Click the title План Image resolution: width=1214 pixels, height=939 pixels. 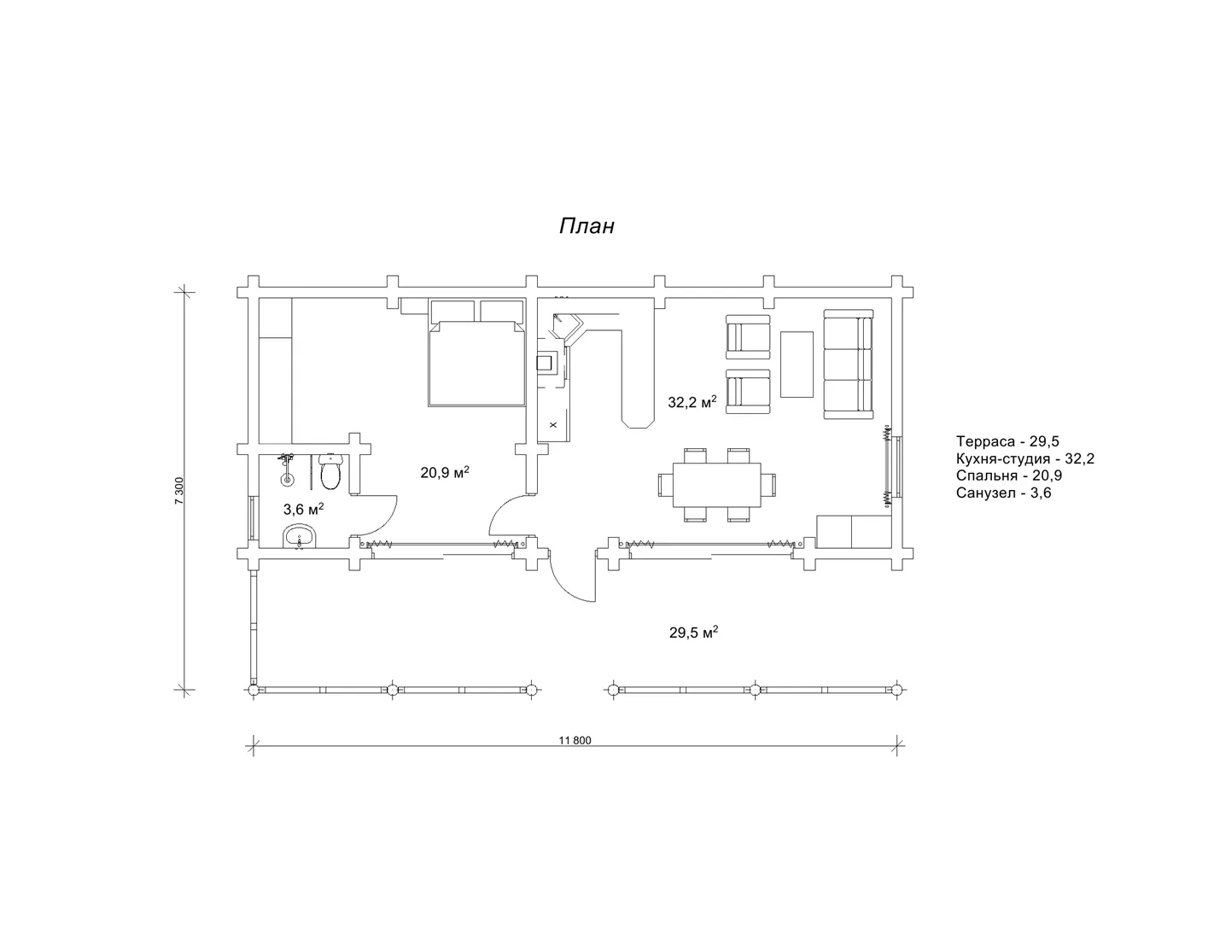pos(587,225)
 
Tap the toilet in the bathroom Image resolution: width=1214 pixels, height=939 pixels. pos(330,471)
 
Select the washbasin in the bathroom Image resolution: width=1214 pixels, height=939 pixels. pos(300,537)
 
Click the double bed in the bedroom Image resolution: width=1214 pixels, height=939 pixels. pos(477,363)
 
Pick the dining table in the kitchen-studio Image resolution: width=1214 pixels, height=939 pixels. pos(717,484)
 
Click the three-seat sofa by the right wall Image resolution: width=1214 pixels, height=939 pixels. pos(848,364)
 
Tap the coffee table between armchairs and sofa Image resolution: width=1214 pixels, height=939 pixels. pos(797,365)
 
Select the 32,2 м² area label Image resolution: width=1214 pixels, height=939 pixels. pos(692,401)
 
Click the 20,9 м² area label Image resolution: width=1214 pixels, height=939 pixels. pos(445,473)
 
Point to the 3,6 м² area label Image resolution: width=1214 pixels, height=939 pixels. pos(303,509)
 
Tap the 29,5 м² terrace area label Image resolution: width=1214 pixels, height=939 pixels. pos(693,633)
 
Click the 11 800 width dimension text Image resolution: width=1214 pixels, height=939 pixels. pos(575,740)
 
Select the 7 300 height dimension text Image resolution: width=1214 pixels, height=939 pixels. pos(179,491)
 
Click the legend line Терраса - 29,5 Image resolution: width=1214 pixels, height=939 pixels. pos(1007,441)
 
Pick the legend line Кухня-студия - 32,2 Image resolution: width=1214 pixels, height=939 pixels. pos(1025,458)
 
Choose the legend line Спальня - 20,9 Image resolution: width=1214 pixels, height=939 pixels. pos(1009,475)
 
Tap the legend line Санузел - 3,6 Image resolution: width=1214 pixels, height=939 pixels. pos(1003,493)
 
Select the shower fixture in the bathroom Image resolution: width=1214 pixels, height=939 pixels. pos(287,469)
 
